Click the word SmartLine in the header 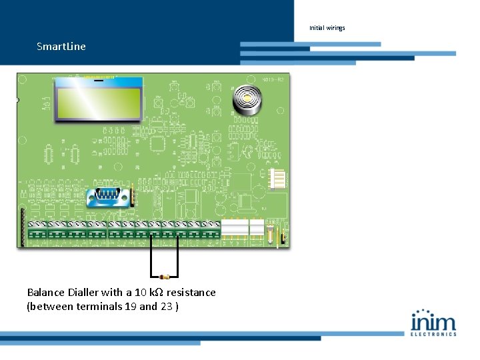61,47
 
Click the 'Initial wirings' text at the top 327,28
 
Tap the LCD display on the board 99,99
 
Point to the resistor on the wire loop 165,276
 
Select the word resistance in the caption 191,293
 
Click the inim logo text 433,321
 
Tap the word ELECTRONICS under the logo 433,334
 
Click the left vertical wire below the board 151,257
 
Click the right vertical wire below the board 178,257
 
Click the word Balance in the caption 46,293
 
